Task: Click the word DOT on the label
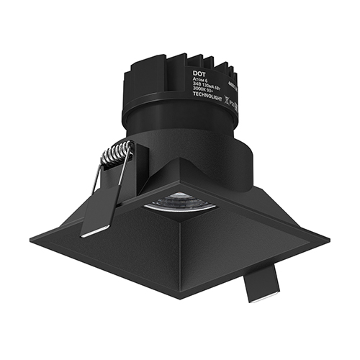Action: click(199, 73)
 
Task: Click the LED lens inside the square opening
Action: click(181, 202)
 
